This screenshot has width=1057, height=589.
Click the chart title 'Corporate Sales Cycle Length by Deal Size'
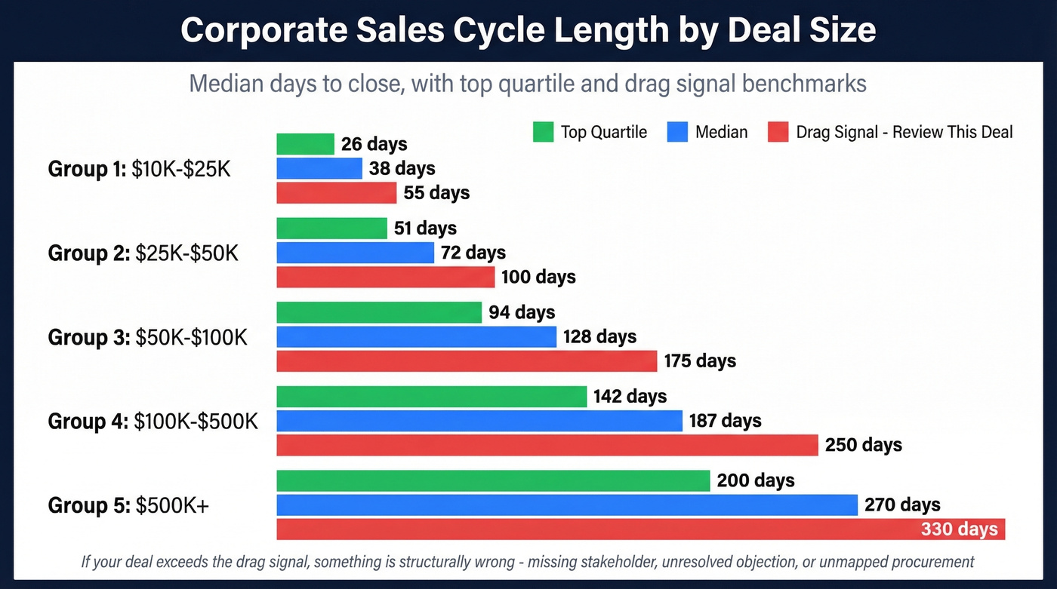click(528, 30)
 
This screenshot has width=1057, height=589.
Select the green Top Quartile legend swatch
click(543, 132)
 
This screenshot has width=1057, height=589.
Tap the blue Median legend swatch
click(677, 132)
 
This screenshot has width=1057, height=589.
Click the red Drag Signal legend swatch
click(778, 132)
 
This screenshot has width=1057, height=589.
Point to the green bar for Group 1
click(305, 144)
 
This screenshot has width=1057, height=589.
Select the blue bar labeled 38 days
click(319, 168)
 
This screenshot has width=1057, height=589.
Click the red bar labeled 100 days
click(385, 277)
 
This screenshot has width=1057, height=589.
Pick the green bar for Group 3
click(379, 312)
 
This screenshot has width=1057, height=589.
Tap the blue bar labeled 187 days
click(479, 421)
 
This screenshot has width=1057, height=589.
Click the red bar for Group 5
click(596, 529)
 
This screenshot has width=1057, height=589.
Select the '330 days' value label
click(959, 529)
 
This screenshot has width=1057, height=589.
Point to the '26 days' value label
click(374, 144)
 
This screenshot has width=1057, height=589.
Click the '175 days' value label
click(700, 361)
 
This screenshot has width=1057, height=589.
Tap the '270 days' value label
click(902, 505)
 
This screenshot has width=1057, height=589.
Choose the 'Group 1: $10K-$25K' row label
click(140, 169)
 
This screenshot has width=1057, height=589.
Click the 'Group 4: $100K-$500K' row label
click(153, 421)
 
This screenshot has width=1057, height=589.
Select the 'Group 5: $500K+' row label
click(128, 505)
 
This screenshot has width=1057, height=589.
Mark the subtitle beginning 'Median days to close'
click(528, 83)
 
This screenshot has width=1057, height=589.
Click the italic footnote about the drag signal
click(528, 562)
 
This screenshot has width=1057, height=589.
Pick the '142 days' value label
click(630, 397)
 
